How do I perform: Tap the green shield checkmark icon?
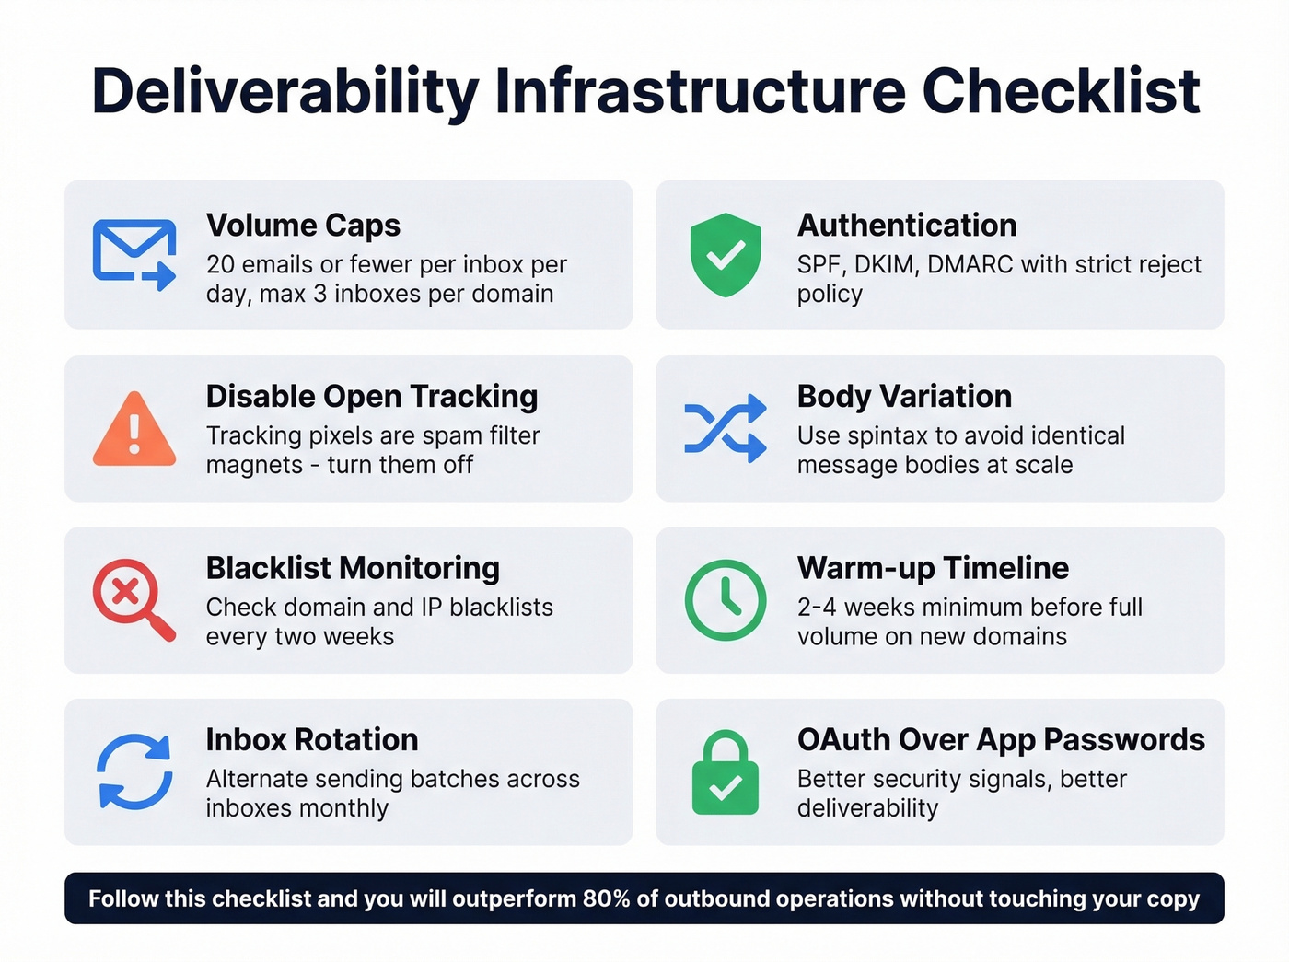[x=726, y=255]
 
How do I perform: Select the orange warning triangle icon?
[x=134, y=430]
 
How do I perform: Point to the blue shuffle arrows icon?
[x=726, y=428]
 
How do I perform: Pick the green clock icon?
[x=726, y=599]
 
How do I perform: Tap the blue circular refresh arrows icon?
[x=134, y=771]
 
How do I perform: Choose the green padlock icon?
[x=726, y=773]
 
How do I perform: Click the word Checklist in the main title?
[x=1061, y=91]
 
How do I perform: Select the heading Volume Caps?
[x=303, y=226]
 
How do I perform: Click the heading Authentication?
[x=907, y=226]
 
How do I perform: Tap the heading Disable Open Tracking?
[x=372, y=397]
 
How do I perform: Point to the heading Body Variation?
[x=904, y=397]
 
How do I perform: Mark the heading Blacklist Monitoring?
[x=353, y=568]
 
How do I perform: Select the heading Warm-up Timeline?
[x=933, y=568]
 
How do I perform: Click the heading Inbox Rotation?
[x=312, y=740]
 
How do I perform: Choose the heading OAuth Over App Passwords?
[x=1001, y=740]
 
